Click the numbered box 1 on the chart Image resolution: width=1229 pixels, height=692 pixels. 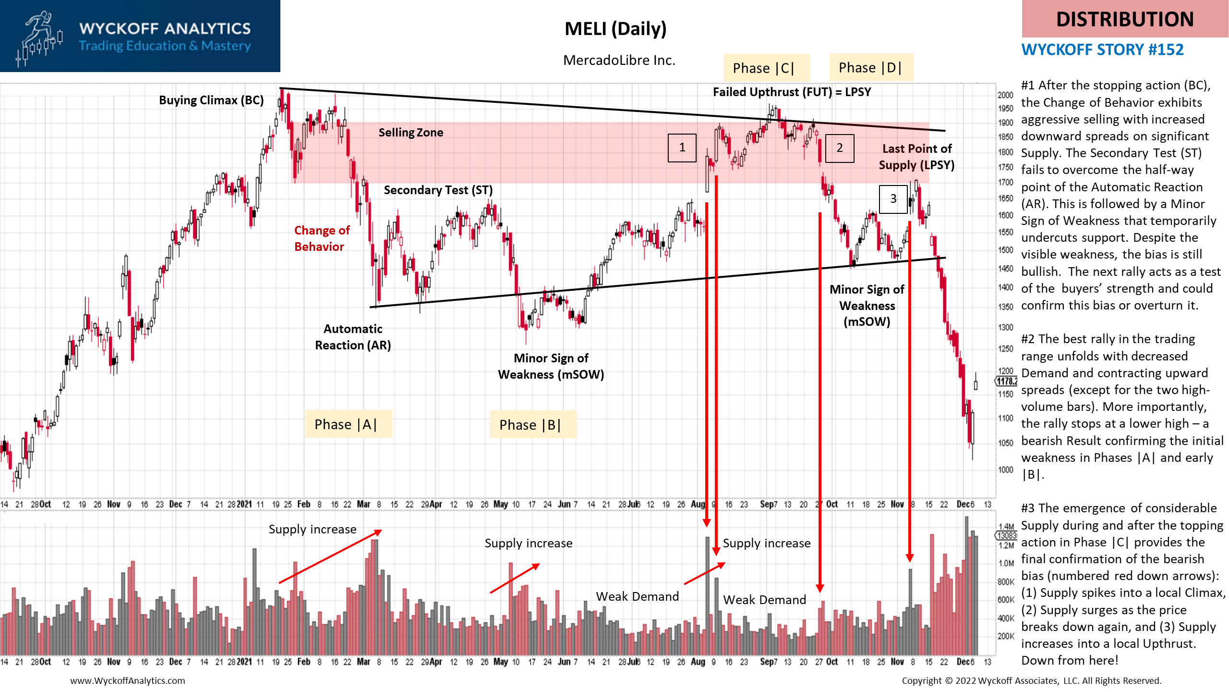pos(682,148)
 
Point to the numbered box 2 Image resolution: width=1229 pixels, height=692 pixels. pos(839,148)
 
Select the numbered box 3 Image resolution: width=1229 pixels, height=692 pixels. pos(893,199)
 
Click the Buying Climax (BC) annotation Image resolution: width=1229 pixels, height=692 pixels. pos(211,100)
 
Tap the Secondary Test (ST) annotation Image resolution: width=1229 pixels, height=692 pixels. pos(438,190)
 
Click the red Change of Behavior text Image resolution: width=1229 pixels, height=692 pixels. pos(322,238)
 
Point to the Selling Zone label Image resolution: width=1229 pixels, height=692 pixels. pos(410,133)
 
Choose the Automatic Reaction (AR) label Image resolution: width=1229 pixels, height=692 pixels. pos(353,337)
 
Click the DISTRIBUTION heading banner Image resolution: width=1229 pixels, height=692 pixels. pos(1124,19)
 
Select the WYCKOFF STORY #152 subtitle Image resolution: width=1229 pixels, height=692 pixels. pos(1102,50)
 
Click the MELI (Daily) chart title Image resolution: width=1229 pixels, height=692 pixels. pos(615,29)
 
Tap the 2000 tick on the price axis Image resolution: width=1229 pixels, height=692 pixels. pos(1005,95)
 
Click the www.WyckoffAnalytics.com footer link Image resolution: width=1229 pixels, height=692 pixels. pos(127,680)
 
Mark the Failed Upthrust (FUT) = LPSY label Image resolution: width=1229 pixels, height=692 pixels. pos(792,92)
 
